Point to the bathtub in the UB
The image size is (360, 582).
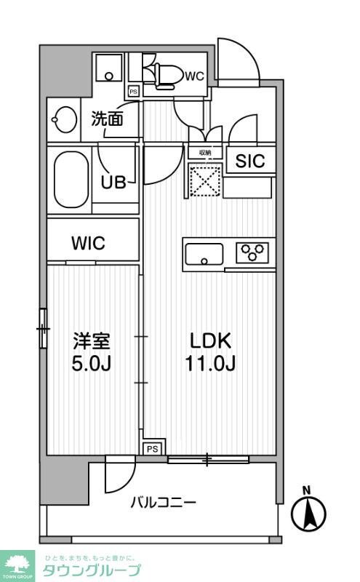coord(70,178)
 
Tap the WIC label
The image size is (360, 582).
coord(88,244)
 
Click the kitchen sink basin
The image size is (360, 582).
coord(204,255)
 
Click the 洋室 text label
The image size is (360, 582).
coord(91,340)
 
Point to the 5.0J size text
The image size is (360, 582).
coord(91,362)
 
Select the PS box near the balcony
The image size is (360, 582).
coord(152,449)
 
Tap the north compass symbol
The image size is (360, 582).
coord(308,512)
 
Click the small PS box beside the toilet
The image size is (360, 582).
coord(133,92)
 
